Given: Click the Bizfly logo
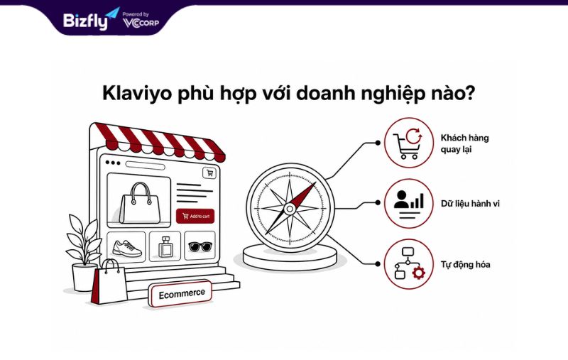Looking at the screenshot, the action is [92, 19].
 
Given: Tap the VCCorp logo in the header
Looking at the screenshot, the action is [141, 21].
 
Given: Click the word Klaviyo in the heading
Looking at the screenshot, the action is [137, 94].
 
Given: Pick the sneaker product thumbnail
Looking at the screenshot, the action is [127, 247].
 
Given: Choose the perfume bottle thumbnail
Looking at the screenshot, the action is [165, 247].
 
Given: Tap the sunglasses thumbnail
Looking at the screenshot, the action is [200, 247].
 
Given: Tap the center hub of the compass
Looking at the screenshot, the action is [290, 209].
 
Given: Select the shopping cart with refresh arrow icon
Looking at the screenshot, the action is [408, 143].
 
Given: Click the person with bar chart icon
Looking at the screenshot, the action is [409, 204].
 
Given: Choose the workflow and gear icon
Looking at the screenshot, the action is [409, 264].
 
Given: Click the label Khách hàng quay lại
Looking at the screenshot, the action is [464, 143].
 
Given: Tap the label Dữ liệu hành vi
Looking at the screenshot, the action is [470, 204].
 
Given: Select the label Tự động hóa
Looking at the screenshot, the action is [465, 265].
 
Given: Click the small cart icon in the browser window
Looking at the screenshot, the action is [209, 173].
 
